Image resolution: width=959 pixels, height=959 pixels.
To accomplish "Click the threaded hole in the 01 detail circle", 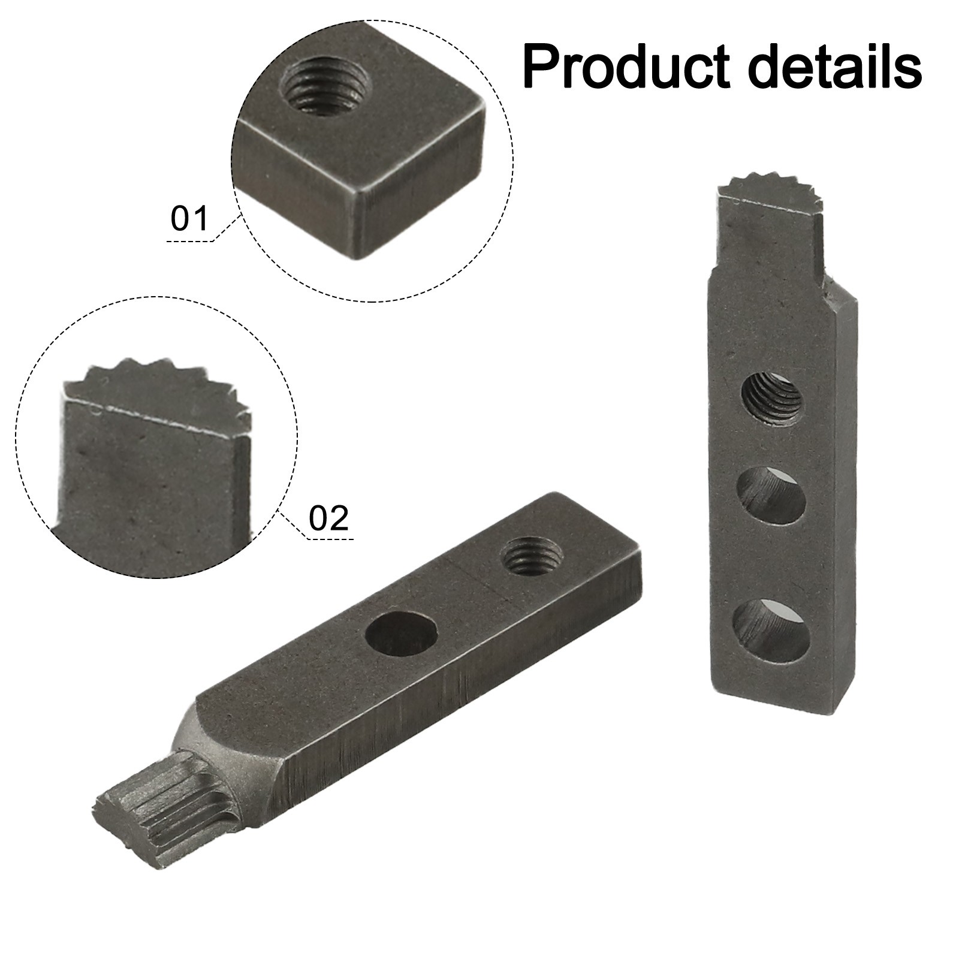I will [x=324, y=91].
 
